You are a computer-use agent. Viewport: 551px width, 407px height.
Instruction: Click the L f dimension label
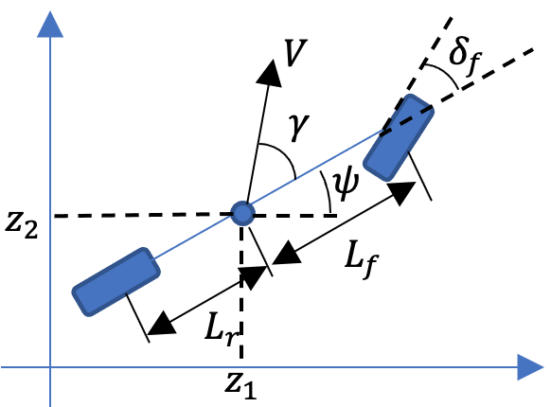[x=355, y=257]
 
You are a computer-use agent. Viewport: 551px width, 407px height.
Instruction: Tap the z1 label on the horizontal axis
[x=242, y=389]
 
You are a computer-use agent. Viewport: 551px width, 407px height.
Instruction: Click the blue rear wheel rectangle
[x=116, y=281]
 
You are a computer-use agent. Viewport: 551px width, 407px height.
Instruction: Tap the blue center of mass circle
[x=243, y=214]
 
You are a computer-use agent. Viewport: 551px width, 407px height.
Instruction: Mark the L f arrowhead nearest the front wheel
[x=402, y=191]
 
